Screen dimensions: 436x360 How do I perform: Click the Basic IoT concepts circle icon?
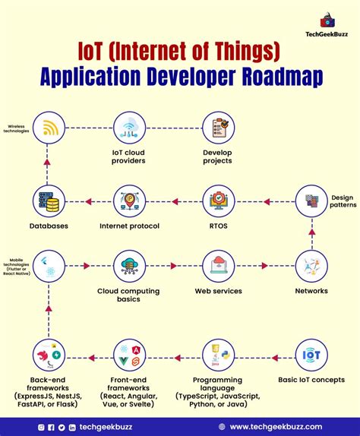(x=311, y=355)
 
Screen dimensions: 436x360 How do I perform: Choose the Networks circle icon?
(x=311, y=265)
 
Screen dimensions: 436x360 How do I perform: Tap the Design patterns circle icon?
(x=311, y=201)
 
